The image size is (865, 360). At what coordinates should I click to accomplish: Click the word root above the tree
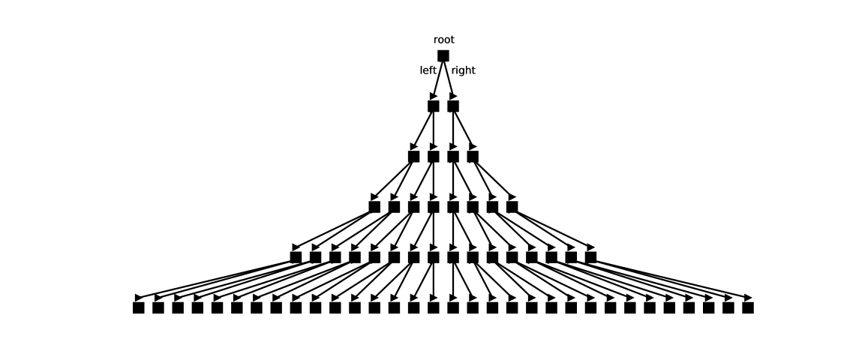[x=443, y=40]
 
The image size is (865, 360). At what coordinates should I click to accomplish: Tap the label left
[x=428, y=70]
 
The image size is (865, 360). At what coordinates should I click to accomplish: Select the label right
[x=463, y=70]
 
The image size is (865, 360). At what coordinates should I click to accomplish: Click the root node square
[x=443, y=55]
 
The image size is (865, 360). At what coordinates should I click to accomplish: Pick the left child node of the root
[x=434, y=106]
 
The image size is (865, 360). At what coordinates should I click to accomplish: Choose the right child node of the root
[x=453, y=106]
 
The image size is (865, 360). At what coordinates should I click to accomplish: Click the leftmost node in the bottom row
[x=139, y=307]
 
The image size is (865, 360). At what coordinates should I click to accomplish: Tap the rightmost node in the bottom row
[x=748, y=307]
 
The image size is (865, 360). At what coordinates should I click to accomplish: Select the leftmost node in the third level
[x=413, y=157]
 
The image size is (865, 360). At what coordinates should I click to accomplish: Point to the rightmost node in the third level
[x=473, y=157]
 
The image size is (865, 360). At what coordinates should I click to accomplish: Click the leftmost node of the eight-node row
[x=374, y=207]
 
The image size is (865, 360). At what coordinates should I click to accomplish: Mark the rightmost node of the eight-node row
[x=512, y=207]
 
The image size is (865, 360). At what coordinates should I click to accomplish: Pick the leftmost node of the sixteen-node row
[x=296, y=257]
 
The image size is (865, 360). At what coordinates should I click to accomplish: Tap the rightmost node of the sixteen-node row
[x=590, y=257]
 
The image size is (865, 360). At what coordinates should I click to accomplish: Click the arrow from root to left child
[x=438, y=78]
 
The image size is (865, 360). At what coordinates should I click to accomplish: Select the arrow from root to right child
[x=449, y=78]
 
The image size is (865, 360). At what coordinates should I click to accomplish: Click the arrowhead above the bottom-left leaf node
[x=139, y=298]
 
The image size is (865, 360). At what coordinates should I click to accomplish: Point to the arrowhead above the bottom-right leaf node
[x=748, y=298]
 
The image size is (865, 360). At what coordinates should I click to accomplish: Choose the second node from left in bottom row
[x=158, y=307]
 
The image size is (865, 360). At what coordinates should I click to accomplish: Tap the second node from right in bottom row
[x=728, y=307]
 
